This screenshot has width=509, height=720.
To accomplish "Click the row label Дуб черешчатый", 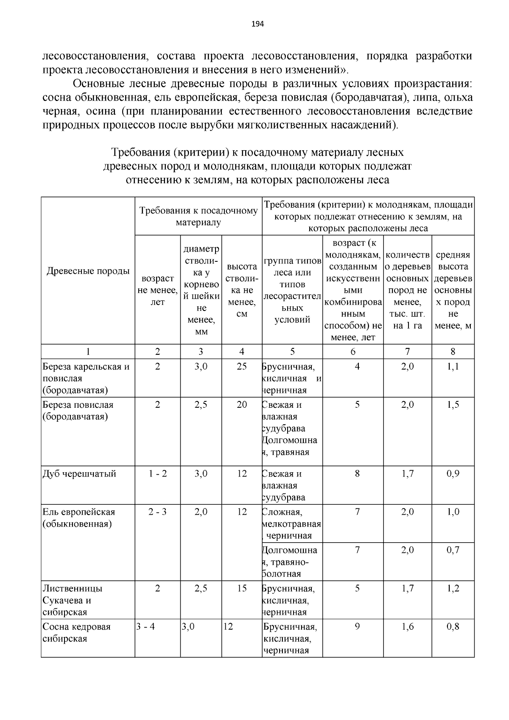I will (x=79, y=473).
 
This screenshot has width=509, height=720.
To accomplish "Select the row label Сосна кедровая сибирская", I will (x=76, y=633).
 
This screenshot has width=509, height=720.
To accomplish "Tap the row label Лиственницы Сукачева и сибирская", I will (x=73, y=600).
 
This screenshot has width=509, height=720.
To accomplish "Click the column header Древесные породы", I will (x=88, y=271).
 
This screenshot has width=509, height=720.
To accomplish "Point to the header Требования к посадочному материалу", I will (x=199, y=216).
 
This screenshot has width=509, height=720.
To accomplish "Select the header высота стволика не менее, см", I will (x=242, y=290).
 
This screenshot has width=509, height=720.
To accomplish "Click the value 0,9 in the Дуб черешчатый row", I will (x=453, y=473).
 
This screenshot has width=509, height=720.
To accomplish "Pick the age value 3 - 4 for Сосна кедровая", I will (x=145, y=627).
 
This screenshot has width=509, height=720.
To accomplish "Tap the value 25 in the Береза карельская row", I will (x=242, y=367).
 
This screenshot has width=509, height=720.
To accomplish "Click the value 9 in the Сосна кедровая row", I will (x=357, y=627).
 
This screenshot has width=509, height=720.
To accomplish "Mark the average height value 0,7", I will (x=453, y=550).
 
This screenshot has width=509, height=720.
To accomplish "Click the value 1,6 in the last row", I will (x=407, y=627).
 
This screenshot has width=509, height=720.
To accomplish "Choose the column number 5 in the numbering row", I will (x=292, y=351).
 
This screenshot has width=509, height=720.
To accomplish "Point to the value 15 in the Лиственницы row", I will (x=242, y=588).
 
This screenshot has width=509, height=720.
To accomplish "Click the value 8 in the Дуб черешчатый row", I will (x=357, y=473).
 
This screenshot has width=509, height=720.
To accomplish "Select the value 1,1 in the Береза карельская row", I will (x=453, y=367).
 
